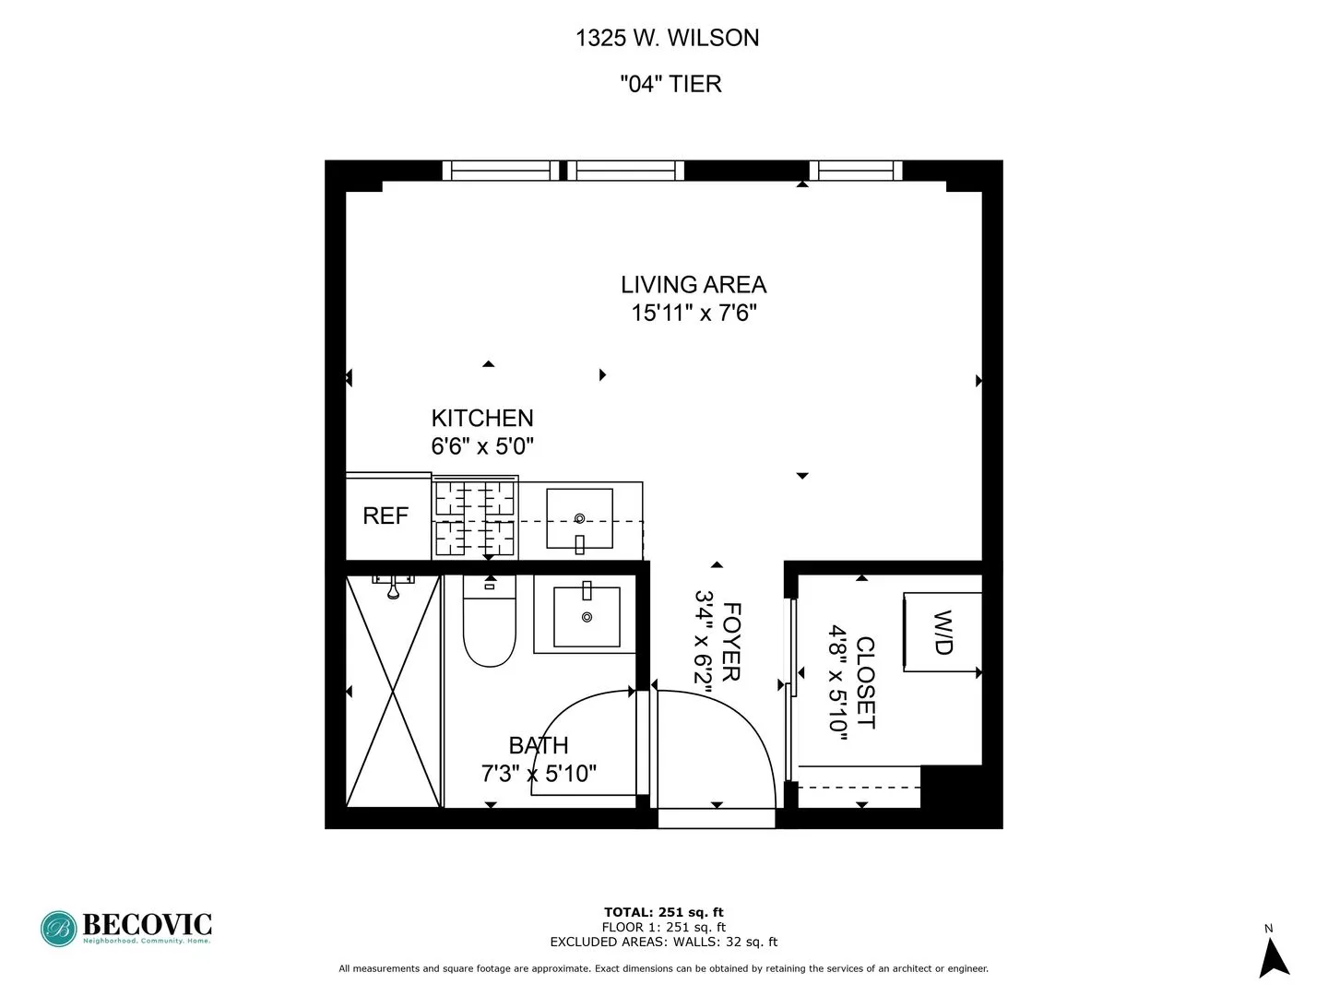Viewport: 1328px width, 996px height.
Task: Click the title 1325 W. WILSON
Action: [x=667, y=38]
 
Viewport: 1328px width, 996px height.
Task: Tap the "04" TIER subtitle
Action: [x=670, y=84]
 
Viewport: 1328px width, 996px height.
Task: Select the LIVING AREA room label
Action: [x=694, y=285]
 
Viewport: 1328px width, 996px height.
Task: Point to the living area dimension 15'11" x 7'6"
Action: [x=694, y=313]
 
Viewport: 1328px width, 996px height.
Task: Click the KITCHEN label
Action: [x=482, y=418]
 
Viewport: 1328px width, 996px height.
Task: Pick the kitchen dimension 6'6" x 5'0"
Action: [x=482, y=446]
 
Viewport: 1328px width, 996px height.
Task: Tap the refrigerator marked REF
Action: [x=385, y=516]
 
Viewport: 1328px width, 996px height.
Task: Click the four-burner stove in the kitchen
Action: [x=475, y=519]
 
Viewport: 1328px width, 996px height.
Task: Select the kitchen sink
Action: [x=579, y=519]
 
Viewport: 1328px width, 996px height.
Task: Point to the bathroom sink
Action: [x=587, y=616]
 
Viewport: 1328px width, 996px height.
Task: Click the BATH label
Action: [x=539, y=745]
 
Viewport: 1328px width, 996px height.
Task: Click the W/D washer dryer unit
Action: [x=942, y=633]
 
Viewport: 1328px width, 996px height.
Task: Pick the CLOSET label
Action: [x=865, y=682]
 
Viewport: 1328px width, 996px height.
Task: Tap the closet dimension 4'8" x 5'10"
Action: [x=837, y=679]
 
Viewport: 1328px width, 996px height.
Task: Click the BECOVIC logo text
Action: [x=147, y=924]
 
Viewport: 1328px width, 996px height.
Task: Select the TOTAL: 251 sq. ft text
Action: [x=663, y=912]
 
